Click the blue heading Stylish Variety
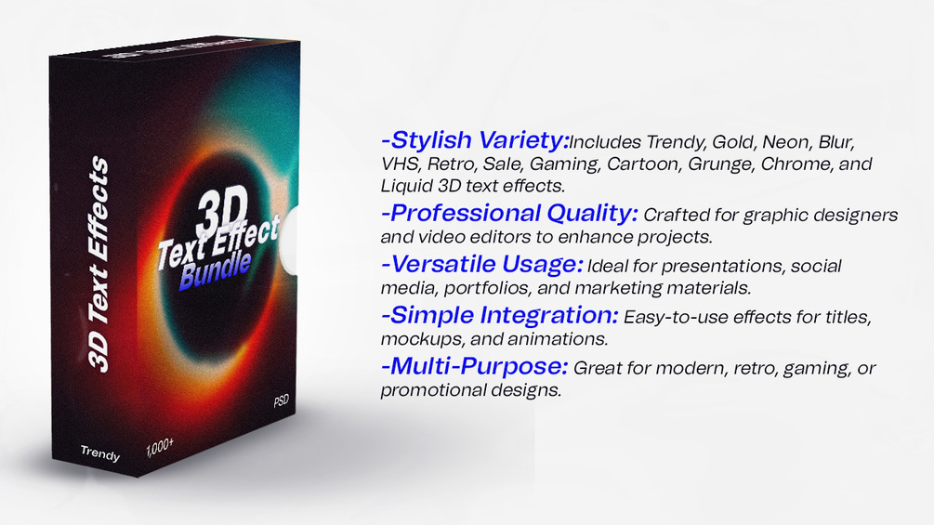pyautogui.click(x=475, y=140)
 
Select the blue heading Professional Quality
pyautogui.click(x=509, y=213)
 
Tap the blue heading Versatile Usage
pyautogui.click(x=482, y=264)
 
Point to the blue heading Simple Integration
pyautogui.click(x=500, y=315)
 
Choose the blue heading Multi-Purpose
pyautogui.click(x=475, y=366)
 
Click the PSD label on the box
pyautogui.click(x=282, y=400)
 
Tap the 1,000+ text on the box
pyautogui.click(x=160, y=447)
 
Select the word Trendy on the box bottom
pyautogui.click(x=100, y=453)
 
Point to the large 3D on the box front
pyautogui.click(x=222, y=213)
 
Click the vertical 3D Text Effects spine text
pyautogui.click(x=99, y=264)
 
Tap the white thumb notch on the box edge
pyautogui.click(x=288, y=241)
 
